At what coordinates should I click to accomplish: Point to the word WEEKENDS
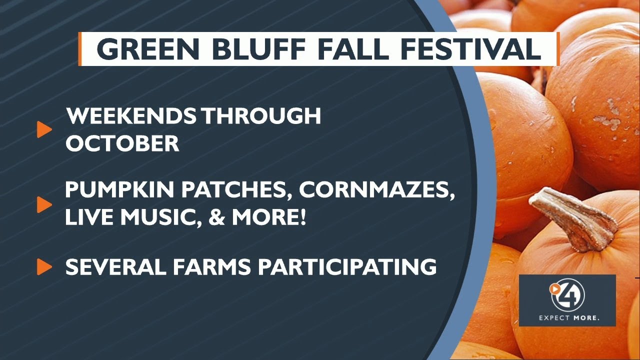[131, 116]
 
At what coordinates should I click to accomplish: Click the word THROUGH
[261, 116]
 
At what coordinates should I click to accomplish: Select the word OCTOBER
[122, 144]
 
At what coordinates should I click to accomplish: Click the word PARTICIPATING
[346, 267]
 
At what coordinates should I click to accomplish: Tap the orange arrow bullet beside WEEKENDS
[44, 130]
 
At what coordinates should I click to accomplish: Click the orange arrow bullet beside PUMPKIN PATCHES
[44, 204]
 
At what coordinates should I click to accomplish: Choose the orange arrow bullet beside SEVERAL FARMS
[44, 267]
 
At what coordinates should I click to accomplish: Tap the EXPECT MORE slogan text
[568, 317]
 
